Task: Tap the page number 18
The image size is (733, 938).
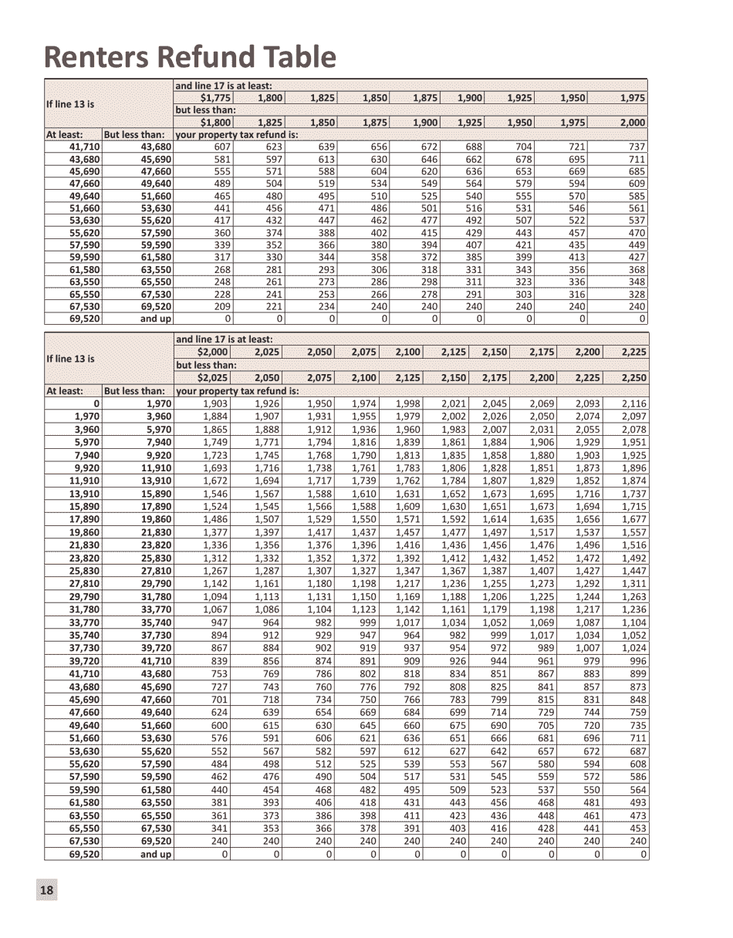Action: pyautogui.click(x=46, y=890)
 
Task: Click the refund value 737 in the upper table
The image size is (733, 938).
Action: pyautogui.click(x=637, y=147)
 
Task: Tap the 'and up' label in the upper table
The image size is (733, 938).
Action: pyautogui.click(x=155, y=319)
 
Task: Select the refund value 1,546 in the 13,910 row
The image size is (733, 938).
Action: pyautogui.click(x=216, y=493)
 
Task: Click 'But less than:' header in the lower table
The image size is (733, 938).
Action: pyautogui.click(x=134, y=391)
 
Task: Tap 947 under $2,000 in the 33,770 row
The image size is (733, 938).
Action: pyautogui.click(x=220, y=623)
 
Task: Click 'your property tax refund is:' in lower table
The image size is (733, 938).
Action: pyautogui.click(x=237, y=391)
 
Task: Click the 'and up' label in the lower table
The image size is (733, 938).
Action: pyautogui.click(x=155, y=854)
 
